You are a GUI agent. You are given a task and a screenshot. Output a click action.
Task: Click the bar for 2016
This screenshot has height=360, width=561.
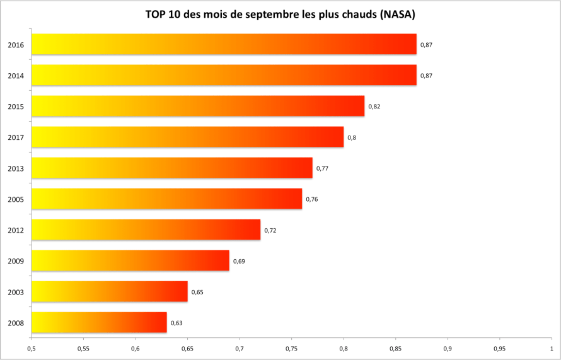tap(224, 44)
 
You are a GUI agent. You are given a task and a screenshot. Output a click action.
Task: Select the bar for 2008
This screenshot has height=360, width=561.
tap(99, 322)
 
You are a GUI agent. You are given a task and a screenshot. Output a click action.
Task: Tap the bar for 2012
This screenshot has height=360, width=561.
tap(146, 229)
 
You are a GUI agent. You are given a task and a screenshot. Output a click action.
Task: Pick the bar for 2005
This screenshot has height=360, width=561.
tap(166, 199)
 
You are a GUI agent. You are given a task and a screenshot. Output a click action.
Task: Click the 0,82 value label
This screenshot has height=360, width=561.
tap(374, 106)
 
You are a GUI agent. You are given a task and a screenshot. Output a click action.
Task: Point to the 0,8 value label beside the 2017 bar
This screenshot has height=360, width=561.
tap(352, 137)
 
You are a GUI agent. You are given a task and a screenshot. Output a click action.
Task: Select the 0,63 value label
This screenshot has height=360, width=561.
tap(176, 323)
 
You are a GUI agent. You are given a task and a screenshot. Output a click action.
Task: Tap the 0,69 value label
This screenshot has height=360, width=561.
tap(239, 261)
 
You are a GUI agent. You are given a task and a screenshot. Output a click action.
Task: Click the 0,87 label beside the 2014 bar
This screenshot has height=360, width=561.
tap(426, 76)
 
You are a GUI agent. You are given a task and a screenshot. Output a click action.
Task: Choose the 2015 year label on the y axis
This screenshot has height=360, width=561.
tap(16, 107)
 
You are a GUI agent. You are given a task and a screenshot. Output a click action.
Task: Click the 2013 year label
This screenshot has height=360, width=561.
tap(16, 168)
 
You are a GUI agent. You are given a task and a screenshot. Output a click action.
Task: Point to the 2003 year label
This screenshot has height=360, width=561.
tap(16, 292)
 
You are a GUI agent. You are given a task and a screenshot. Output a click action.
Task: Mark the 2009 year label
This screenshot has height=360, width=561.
tap(16, 261)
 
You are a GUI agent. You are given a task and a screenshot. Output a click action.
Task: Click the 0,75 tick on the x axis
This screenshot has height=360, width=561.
tap(291, 347)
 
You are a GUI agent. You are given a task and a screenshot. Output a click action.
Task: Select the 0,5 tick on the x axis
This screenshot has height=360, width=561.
tap(31, 347)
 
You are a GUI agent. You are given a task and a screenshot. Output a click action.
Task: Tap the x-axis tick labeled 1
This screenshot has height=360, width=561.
tap(551, 347)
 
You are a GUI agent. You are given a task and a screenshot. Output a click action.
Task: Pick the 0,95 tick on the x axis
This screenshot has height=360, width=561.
tap(499, 347)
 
